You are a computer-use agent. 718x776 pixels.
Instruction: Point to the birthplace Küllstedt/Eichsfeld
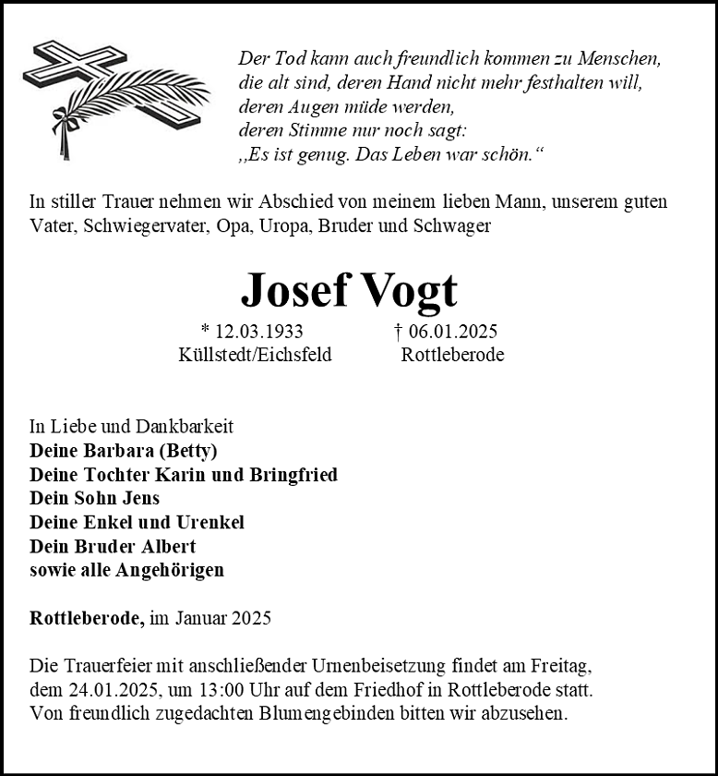click(x=255, y=355)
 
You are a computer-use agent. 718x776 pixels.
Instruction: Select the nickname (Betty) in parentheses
click(x=187, y=451)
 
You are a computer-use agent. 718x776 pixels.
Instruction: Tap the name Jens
click(x=140, y=499)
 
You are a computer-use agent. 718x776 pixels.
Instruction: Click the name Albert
click(x=167, y=547)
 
